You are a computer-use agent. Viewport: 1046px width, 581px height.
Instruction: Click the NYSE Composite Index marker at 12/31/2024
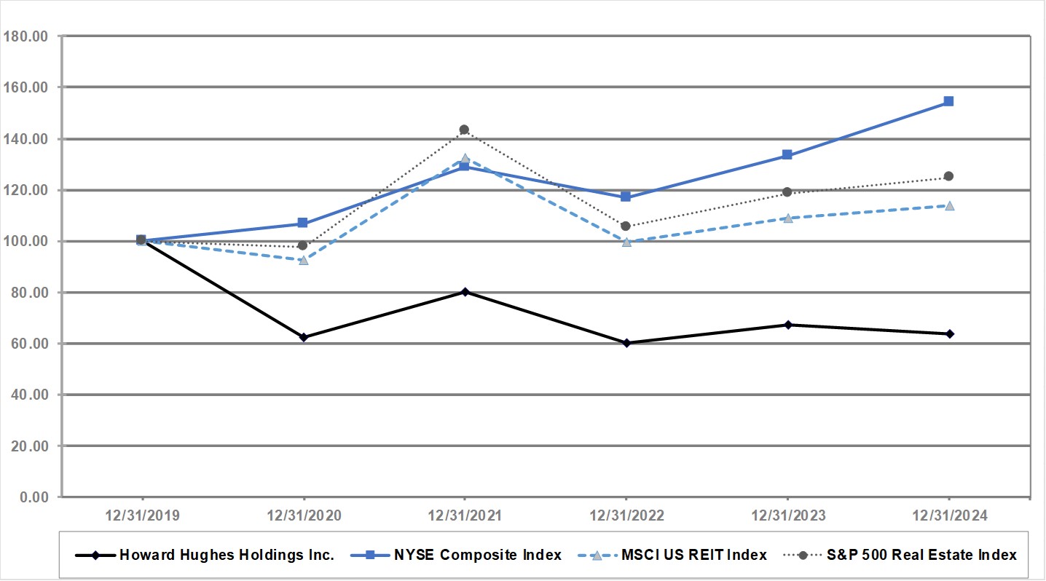[948, 101]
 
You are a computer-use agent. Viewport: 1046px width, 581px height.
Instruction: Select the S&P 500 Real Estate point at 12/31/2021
[464, 130]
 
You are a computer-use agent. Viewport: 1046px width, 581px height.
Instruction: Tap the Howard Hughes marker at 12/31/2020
[303, 337]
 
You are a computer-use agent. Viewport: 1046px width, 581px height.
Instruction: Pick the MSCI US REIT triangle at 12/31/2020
[303, 260]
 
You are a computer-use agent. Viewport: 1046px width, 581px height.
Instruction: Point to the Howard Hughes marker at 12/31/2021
[464, 292]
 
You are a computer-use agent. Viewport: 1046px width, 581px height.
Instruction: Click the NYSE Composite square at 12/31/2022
[626, 197]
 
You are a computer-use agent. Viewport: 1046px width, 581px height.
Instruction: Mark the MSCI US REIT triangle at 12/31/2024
[948, 205]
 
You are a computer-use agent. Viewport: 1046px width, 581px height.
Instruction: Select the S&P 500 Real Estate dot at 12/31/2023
[787, 192]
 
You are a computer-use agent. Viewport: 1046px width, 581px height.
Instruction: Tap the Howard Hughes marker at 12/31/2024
[948, 334]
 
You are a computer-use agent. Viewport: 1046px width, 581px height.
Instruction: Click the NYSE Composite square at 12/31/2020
[303, 224]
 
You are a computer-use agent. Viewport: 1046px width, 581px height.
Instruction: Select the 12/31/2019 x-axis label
[141, 515]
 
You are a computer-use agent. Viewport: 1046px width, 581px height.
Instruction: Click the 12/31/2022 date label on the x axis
[626, 515]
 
